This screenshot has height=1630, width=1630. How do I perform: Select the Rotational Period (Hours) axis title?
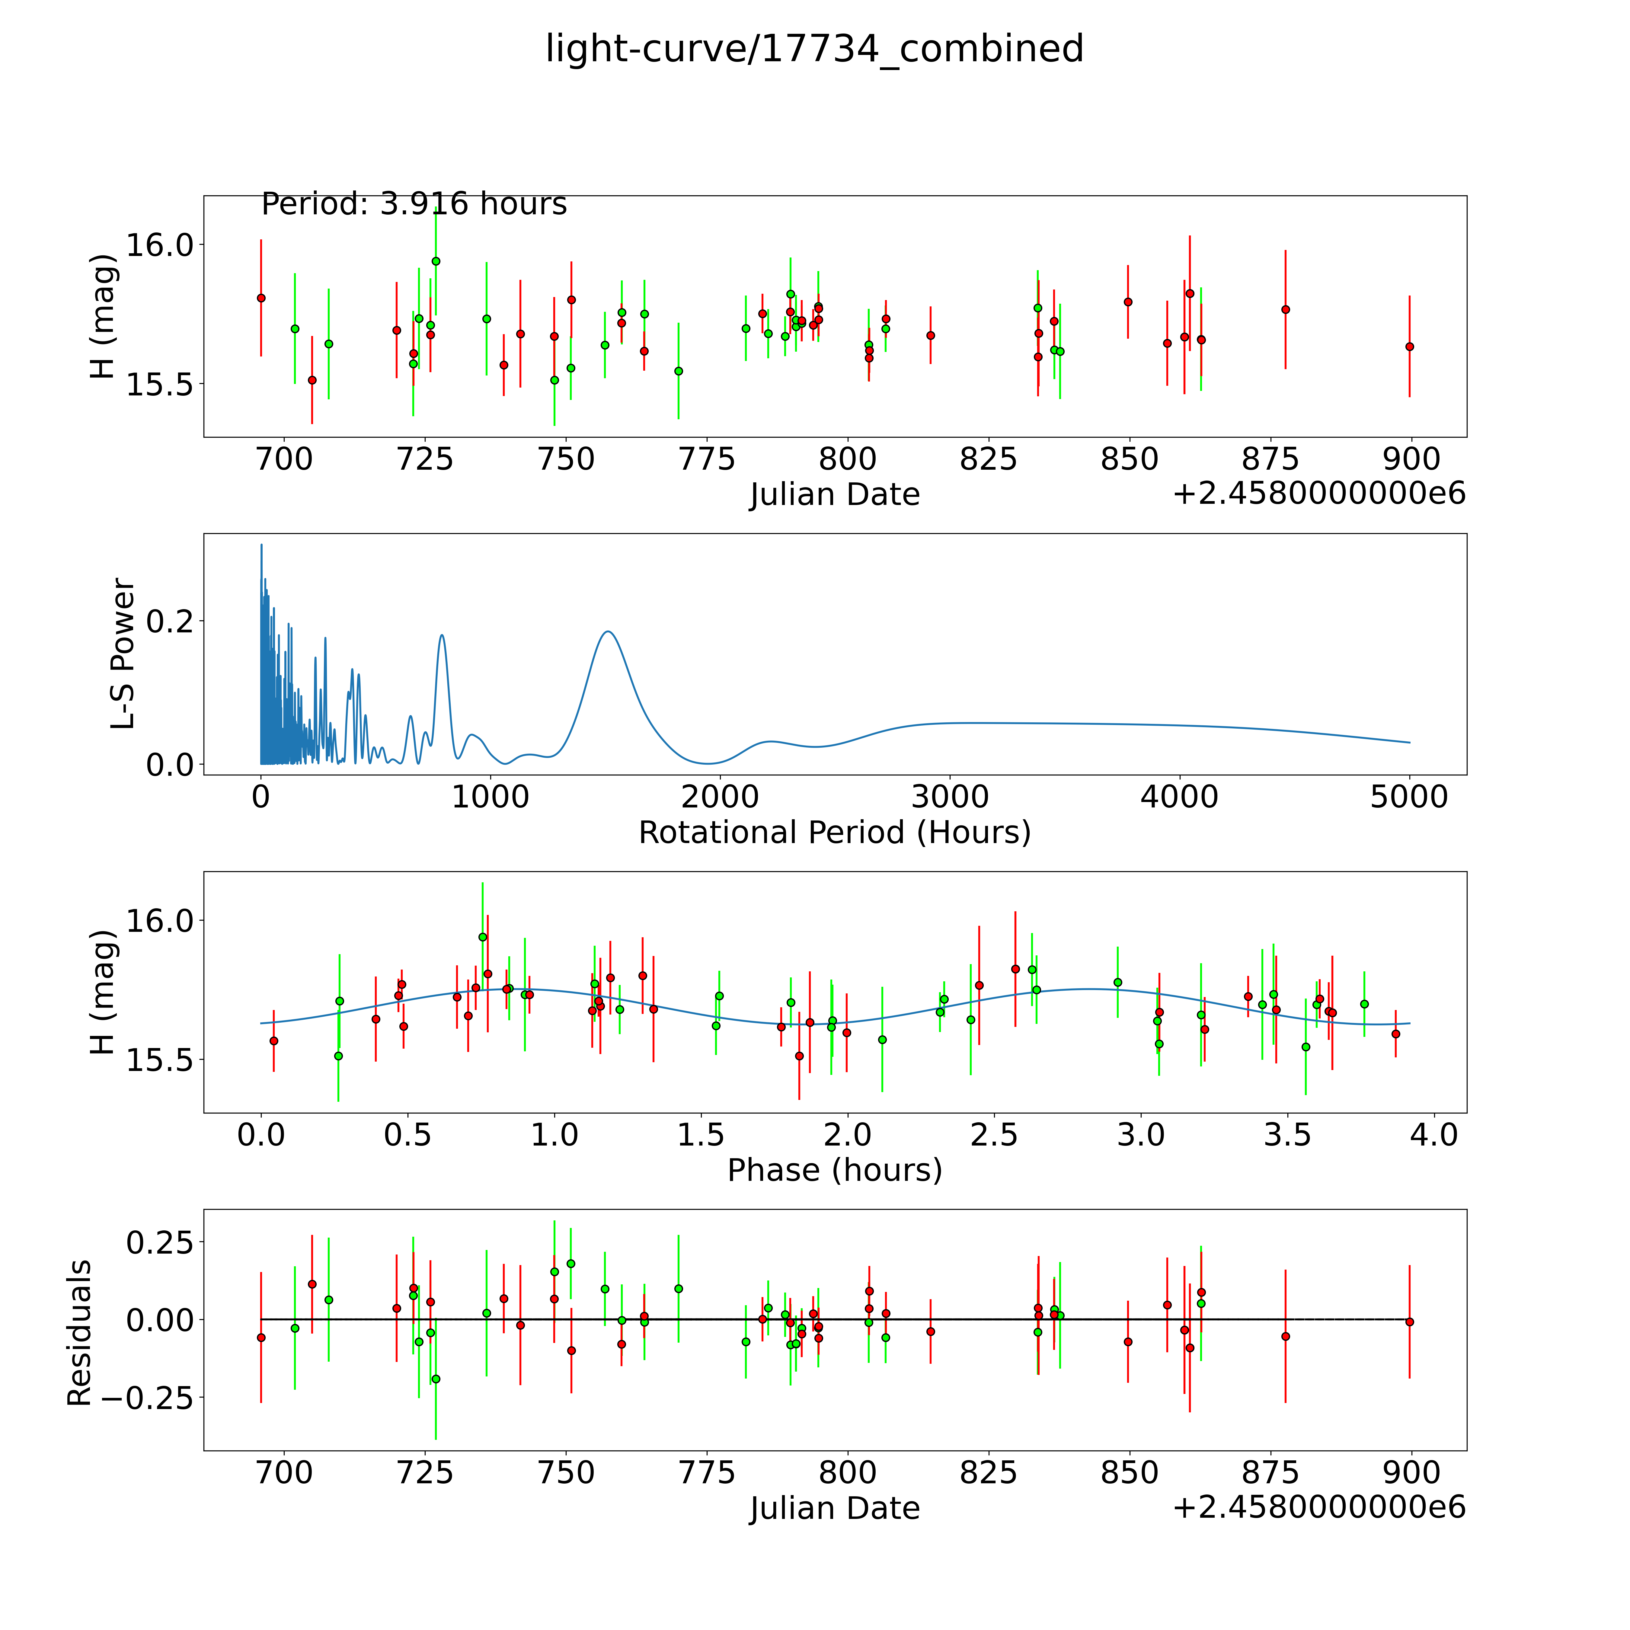(834, 833)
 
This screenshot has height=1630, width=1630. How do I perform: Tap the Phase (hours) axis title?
(834, 1170)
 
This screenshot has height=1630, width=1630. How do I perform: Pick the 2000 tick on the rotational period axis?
(720, 797)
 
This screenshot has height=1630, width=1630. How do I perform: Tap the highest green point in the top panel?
(435, 261)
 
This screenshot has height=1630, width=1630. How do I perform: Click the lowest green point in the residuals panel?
(435, 1379)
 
